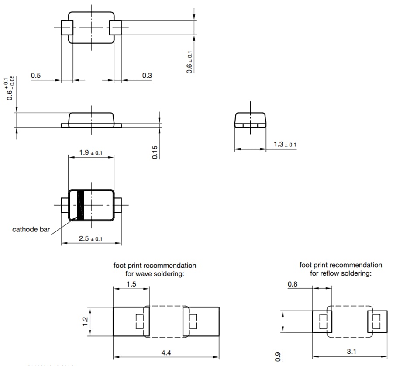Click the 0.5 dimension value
coord(36,76)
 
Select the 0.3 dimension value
coord(147,76)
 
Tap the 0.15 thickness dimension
coord(155,152)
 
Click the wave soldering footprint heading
coord(155,269)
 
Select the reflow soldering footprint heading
coord(341,269)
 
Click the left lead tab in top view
coord(65,28)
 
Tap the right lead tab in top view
coord(116,28)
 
